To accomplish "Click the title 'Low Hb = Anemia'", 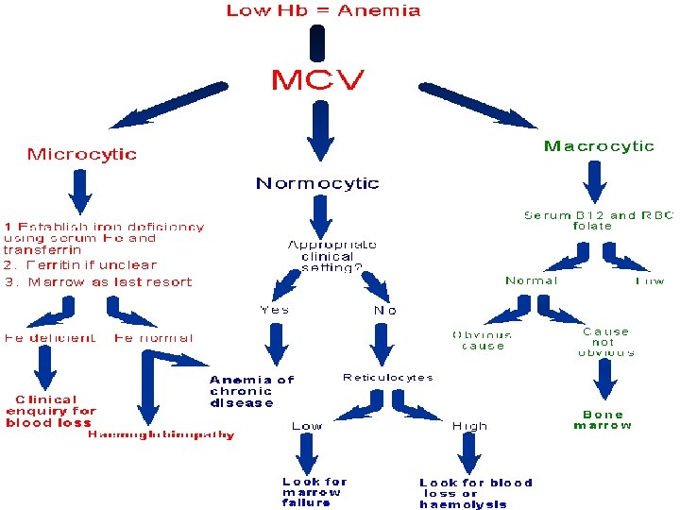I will (323, 11).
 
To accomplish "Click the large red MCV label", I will (317, 80).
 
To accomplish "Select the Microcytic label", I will (81, 154).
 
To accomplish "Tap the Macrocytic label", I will (599, 146).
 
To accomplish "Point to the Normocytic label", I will (317, 183).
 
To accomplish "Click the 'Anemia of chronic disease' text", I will (251, 391).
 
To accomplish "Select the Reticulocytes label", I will (387, 378).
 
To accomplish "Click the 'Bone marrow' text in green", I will (603, 419).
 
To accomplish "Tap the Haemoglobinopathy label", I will (161, 435).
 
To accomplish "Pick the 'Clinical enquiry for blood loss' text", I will (51, 411).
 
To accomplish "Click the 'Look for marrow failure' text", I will (314, 492).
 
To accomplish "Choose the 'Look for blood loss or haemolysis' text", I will (476, 493).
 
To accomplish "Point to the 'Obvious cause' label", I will (482, 340).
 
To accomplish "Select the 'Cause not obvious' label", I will (605, 342).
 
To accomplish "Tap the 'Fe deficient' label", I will (49, 337).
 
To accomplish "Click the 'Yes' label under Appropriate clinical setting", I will (274, 309).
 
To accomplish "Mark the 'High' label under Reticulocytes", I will (469, 426).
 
